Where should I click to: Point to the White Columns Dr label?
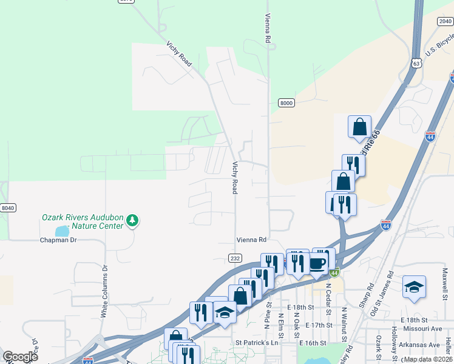click(x=104, y=291)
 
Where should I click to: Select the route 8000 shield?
click(x=286, y=103)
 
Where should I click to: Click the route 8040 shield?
click(x=7, y=208)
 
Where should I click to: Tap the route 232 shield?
click(x=235, y=258)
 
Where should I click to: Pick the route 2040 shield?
click(x=444, y=21)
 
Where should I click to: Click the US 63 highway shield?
click(x=415, y=62)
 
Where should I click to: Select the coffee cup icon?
click(x=317, y=263)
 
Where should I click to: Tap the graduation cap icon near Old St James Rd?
click(x=414, y=286)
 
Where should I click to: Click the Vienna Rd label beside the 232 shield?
click(x=252, y=240)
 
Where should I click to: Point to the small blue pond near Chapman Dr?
click(x=62, y=231)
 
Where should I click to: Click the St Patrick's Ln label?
click(x=256, y=343)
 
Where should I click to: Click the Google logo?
click(x=20, y=356)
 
